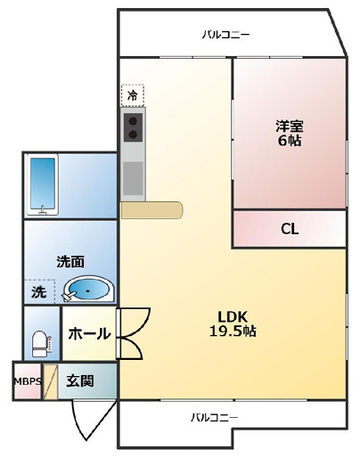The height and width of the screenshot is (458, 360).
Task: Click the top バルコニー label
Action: click(x=225, y=36)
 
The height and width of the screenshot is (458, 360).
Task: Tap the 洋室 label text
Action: click(x=288, y=126)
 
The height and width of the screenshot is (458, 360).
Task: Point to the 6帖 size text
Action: click(x=288, y=141)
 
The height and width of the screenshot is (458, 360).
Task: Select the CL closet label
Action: click(x=289, y=229)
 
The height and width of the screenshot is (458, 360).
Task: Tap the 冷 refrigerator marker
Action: click(x=133, y=94)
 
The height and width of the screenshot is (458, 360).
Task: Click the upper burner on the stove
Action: click(x=134, y=120)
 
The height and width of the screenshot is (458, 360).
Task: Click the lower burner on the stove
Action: click(x=134, y=135)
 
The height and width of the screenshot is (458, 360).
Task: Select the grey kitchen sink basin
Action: click(x=133, y=178)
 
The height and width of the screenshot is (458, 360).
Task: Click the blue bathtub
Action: click(x=43, y=184)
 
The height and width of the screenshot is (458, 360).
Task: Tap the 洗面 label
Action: click(x=70, y=262)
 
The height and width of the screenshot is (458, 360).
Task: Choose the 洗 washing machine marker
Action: click(x=39, y=291)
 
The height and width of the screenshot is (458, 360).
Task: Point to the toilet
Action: click(x=39, y=341)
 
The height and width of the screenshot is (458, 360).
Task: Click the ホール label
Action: click(x=90, y=334)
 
